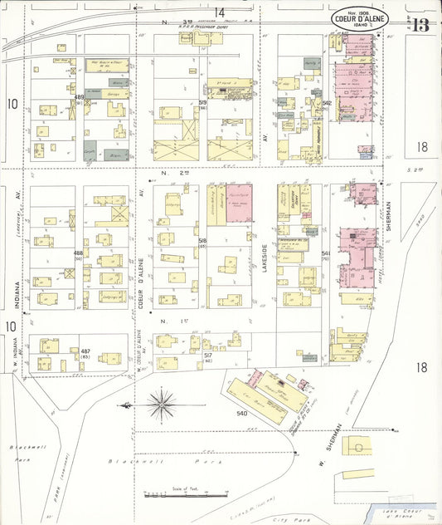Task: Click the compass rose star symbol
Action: pyautogui.click(x=161, y=405)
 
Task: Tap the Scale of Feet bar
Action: pyautogui.click(x=174, y=496)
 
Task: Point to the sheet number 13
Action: pyautogui.click(x=419, y=24)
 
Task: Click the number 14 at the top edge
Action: pyautogui.click(x=219, y=12)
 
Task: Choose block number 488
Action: pyautogui.click(x=79, y=253)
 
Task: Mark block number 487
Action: pyautogui.click(x=85, y=351)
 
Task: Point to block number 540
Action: pyautogui.click(x=242, y=412)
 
